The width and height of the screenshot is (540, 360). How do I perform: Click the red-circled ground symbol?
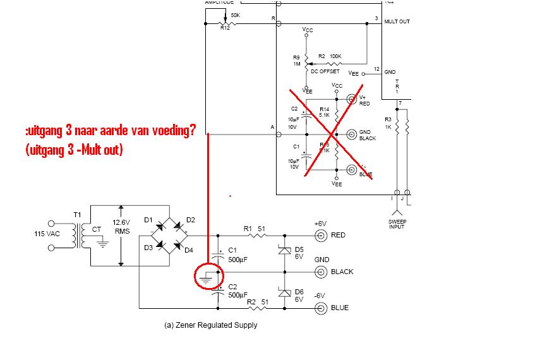tap(208, 276)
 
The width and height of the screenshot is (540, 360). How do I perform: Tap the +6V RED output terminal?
tap(321, 236)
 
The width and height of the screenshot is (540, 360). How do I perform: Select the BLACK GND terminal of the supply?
tap(321, 272)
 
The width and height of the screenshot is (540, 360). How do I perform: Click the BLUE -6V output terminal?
tap(321, 308)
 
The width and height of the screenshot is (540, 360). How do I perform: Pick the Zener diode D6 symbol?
tap(284, 293)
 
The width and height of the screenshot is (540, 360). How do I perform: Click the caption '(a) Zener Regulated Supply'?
tap(210, 325)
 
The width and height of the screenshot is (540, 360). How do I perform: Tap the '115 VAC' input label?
tap(47, 234)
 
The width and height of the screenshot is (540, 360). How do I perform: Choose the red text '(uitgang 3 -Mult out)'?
tap(75, 150)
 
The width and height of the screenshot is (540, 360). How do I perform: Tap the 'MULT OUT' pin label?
tap(397, 21)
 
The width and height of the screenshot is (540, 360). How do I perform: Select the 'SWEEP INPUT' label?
tap(397, 224)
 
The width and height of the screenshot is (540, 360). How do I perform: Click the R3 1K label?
tap(388, 123)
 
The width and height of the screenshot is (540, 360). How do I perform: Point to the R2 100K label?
tap(330, 56)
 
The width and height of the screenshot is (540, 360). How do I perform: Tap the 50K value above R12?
tap(235, 15)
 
